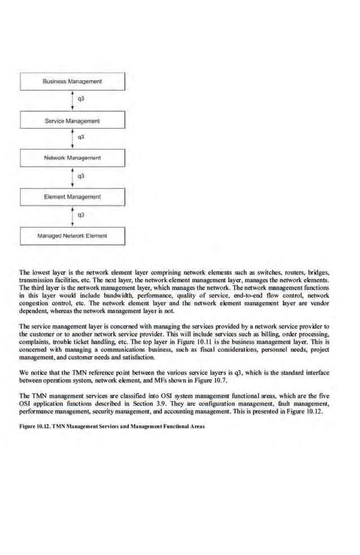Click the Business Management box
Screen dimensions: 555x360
[x=72, y=82]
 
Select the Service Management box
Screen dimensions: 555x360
[x=72, y=121]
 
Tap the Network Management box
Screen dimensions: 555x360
[x=72, y=158]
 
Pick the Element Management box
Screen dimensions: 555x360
[x=72, y=197]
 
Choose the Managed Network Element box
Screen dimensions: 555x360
[x=72, y=235]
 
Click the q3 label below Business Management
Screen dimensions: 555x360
[x=81, y=99]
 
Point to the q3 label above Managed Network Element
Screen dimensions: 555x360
[x=81, y=215]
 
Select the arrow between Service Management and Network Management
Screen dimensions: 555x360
[x=72, y=139]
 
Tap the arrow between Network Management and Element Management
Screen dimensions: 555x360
[x=72, y=177]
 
